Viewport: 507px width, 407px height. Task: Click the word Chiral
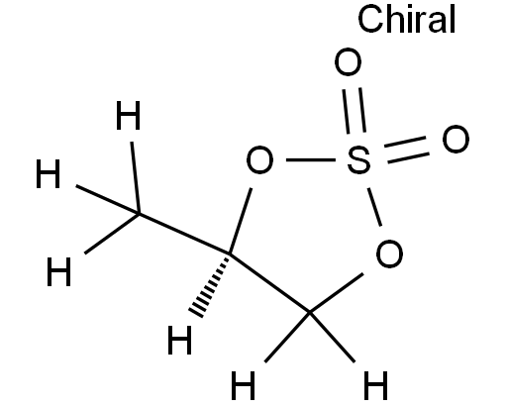click(407, 19)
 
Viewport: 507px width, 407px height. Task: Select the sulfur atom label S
click(358, 160)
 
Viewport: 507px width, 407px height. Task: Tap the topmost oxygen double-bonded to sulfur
click(348, 62)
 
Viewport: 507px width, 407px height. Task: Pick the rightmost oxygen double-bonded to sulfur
click(456, 139)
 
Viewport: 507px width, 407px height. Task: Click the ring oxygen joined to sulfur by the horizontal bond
click(259, 159)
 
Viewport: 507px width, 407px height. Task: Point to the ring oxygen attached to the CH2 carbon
click(389, 254)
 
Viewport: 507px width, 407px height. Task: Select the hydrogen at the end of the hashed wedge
click(179, 340)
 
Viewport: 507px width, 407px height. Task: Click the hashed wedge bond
click(210, 286)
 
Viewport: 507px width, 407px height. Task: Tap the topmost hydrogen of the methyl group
click(129, 116)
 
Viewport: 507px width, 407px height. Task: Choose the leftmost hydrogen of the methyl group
click(49, 174)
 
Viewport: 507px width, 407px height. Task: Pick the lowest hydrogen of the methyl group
click(58, 271)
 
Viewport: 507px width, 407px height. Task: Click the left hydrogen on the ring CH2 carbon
click(243, 385)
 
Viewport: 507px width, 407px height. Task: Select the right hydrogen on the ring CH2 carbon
click(375, 385)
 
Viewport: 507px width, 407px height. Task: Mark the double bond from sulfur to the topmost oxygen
click(354, 111)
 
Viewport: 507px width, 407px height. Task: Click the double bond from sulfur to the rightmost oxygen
click(407, 150)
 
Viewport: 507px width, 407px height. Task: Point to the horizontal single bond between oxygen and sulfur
click(311, 160)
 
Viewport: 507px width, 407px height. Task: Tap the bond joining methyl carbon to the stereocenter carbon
click(184, 234)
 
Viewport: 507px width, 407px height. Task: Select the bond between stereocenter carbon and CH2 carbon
click(270, 283)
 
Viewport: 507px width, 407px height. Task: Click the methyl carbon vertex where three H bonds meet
click(139, 214)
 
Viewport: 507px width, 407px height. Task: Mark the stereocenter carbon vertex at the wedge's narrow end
click(230, 254)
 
